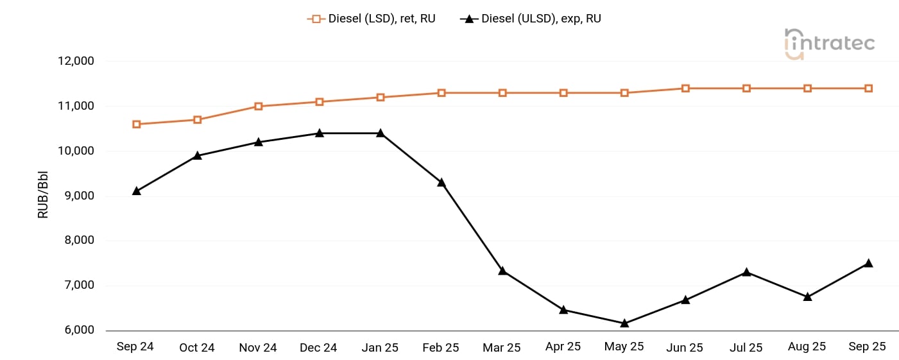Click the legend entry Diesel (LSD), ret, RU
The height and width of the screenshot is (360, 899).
(x=372, y=19)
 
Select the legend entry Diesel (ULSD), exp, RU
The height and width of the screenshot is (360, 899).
(x=531, y=19)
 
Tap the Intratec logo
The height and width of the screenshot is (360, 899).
(x=829, y=44)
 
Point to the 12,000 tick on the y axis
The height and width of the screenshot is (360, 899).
(x=76, y=62)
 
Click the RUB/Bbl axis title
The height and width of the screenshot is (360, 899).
(x=44, y=196)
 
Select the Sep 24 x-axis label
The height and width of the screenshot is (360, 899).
(x=135, y=347)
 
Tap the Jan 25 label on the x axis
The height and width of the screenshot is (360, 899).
(x=380, y=348)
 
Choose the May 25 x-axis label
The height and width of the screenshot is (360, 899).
(x=624, y=347)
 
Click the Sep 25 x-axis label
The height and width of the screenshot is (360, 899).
(x=868, y=347)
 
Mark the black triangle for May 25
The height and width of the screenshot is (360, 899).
(x=624, y=323)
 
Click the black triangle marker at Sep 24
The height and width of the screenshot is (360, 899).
(x=136, y=191)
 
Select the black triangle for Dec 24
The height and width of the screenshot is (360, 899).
(x=320, y=133)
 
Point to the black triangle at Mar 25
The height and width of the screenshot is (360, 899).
(x=502, y=271)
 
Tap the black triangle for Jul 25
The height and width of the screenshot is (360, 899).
(x=746, y=272)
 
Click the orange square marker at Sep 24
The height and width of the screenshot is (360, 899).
(x=136, y=124)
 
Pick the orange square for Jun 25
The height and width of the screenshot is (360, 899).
(x=685, y=89)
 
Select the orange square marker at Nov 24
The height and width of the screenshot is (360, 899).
(x=259, y=107)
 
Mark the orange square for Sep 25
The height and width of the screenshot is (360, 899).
(x=868, y=89)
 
